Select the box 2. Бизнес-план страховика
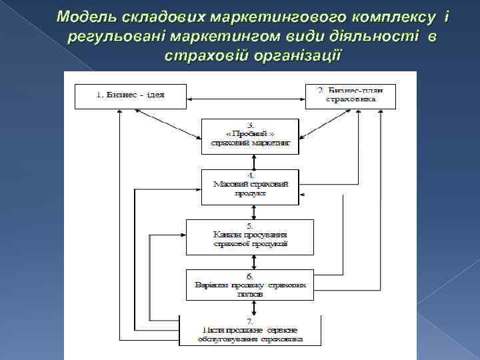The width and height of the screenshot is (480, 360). pos(350,97)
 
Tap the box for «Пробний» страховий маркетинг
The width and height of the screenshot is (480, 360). pos(251,136)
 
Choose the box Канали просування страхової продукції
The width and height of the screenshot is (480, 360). pos(250,237)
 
